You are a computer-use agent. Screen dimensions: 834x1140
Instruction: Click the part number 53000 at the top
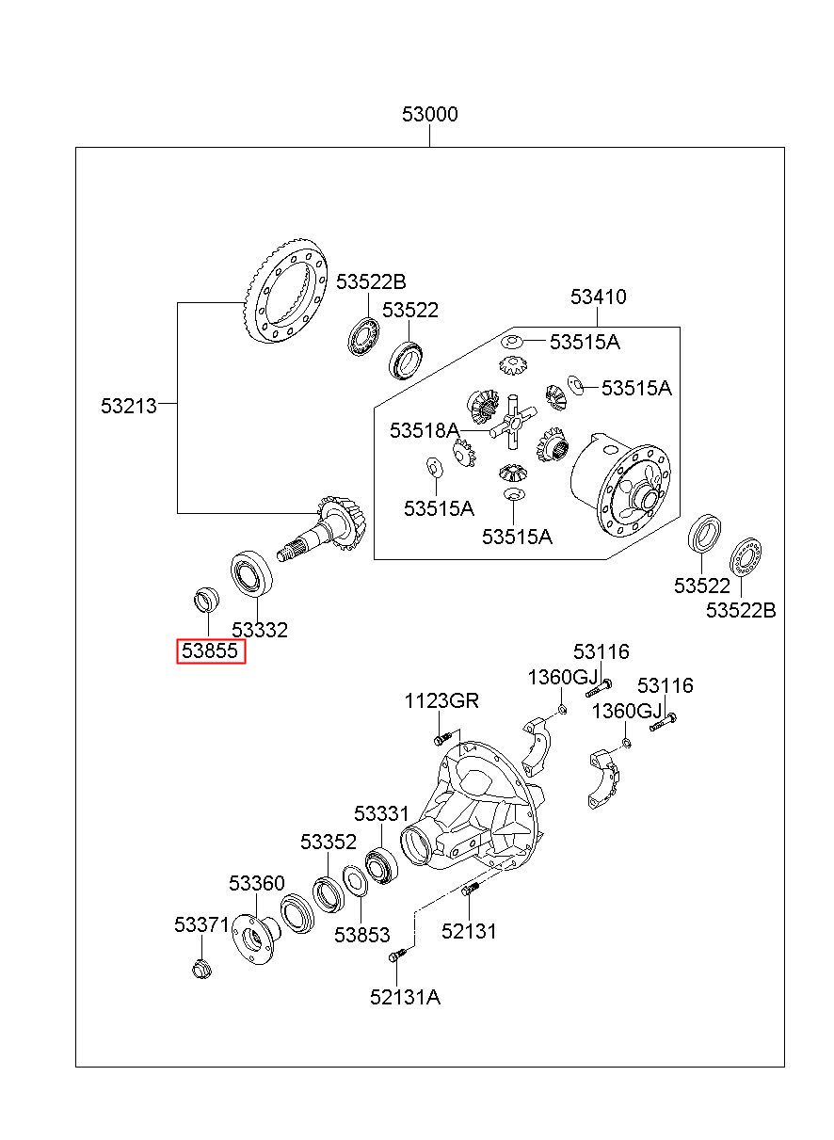(x=430, y=114)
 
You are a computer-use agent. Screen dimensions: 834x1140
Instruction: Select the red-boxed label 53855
(x=210, y=650)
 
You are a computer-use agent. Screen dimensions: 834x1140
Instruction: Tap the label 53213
(x=129, y=406)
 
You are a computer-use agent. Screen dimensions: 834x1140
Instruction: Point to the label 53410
(x=598, y=297)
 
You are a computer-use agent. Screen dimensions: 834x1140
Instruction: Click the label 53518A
(x=425, y=430)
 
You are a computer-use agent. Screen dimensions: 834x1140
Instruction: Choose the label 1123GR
(x=441, y=700)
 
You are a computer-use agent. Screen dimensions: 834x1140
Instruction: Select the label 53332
(x=260, y=630)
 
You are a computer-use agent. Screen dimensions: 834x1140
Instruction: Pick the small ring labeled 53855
(x=207, y=600)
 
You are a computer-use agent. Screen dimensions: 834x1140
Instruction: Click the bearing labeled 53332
(x=252, y=573)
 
